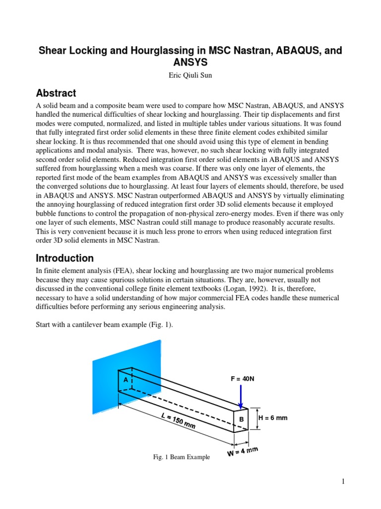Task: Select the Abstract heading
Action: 56,93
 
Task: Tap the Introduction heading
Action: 64,258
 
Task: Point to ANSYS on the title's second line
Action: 190,63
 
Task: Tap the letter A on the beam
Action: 126,379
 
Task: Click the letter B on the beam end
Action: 242,420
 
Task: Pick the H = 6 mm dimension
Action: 273,418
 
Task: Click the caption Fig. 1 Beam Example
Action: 181,457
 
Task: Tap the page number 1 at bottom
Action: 343,481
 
